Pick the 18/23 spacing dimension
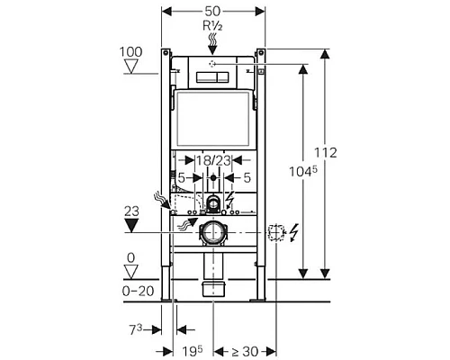(x=213, y=158)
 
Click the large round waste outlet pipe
(x=213, y=232)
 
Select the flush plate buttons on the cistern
(x=214, y=76)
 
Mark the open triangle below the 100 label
(x=130, y=67)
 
